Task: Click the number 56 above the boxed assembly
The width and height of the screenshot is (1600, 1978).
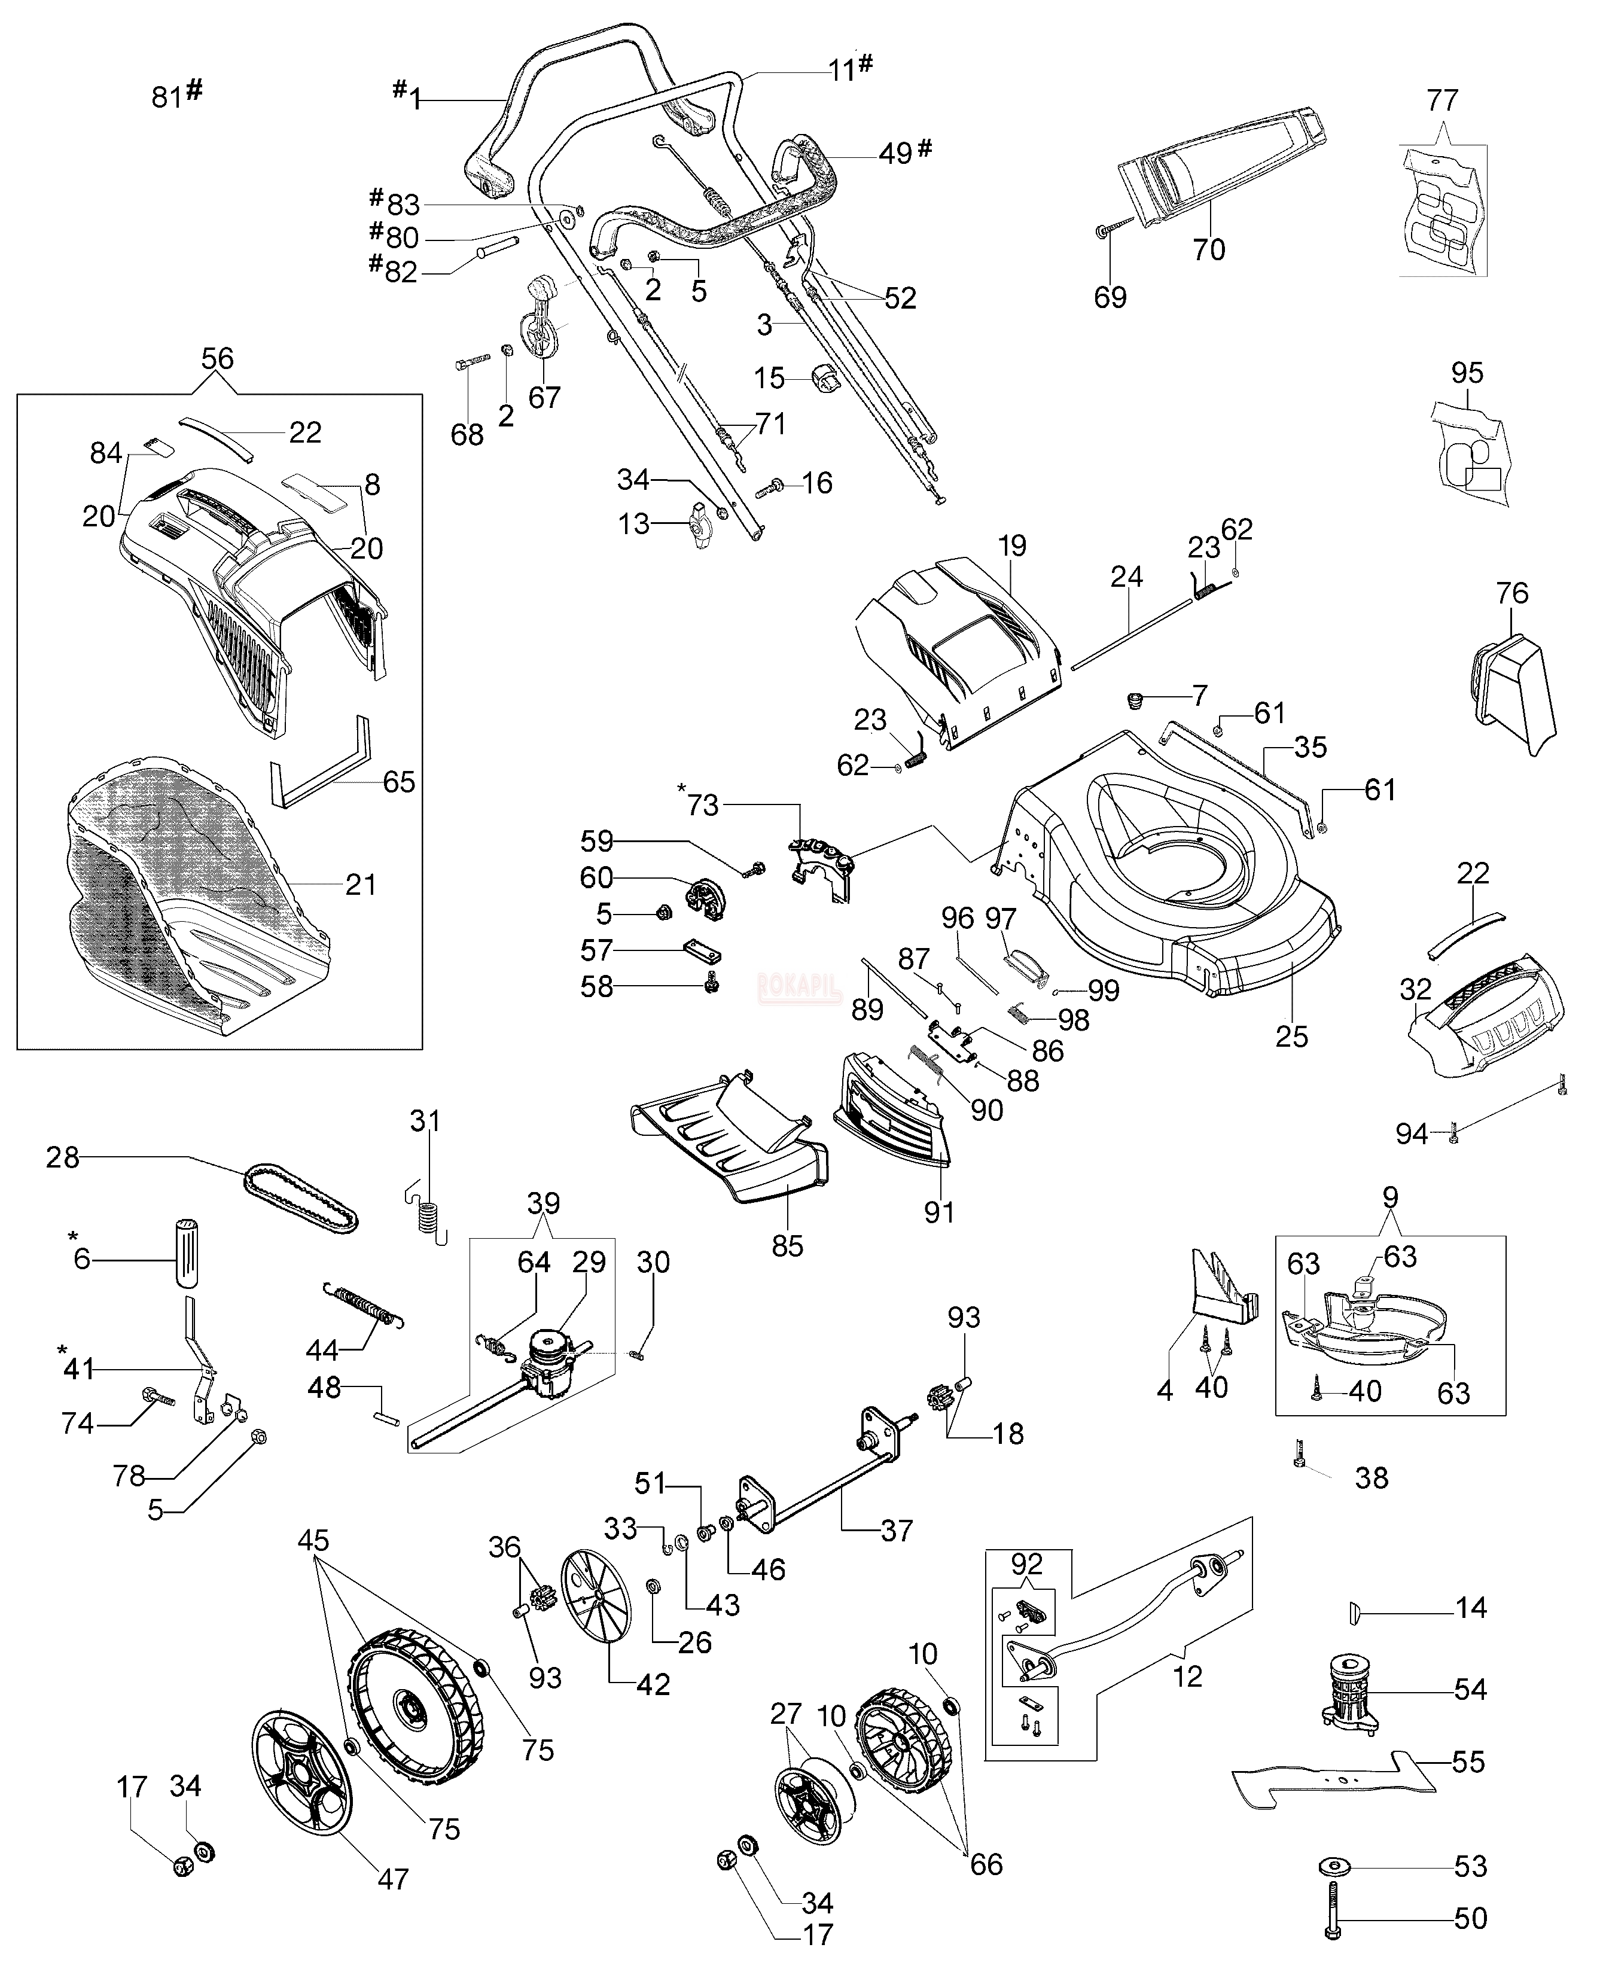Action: pos(218,358)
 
